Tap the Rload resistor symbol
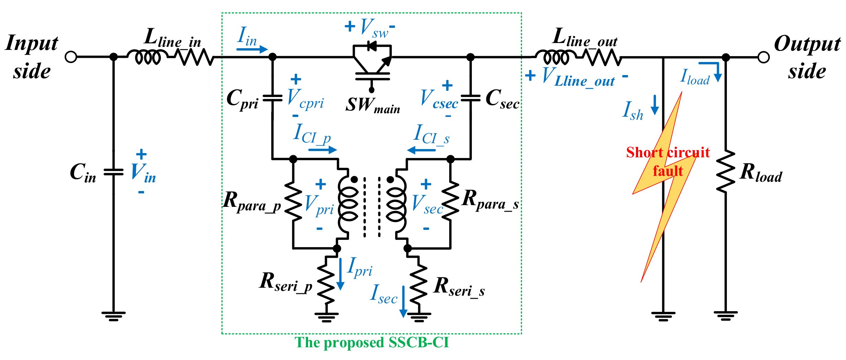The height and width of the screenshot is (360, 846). [x=726, y=171]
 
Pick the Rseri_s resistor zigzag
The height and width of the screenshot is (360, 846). [x=418, y=279]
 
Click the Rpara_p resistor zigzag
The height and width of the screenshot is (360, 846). [x=293, y=201]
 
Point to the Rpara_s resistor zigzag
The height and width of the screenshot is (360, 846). [x=450, y=201]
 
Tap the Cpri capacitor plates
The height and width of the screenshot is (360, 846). [x=272, y=98]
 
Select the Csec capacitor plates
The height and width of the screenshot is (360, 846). [x=470, y=98]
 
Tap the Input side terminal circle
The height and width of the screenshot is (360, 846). [x=71, y=57]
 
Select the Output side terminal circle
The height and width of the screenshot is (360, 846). [x=763, y=57]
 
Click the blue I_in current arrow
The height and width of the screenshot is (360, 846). [x=252, y=49]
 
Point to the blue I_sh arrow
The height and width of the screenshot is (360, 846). [x=655, y=105]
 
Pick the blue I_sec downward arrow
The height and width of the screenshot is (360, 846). [x=403, y=301]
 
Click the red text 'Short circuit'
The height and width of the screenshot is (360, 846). [x=668, y=152]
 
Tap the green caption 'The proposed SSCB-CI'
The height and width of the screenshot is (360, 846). [x=372, y=342]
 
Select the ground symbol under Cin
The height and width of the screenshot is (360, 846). [x=113, y=316]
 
